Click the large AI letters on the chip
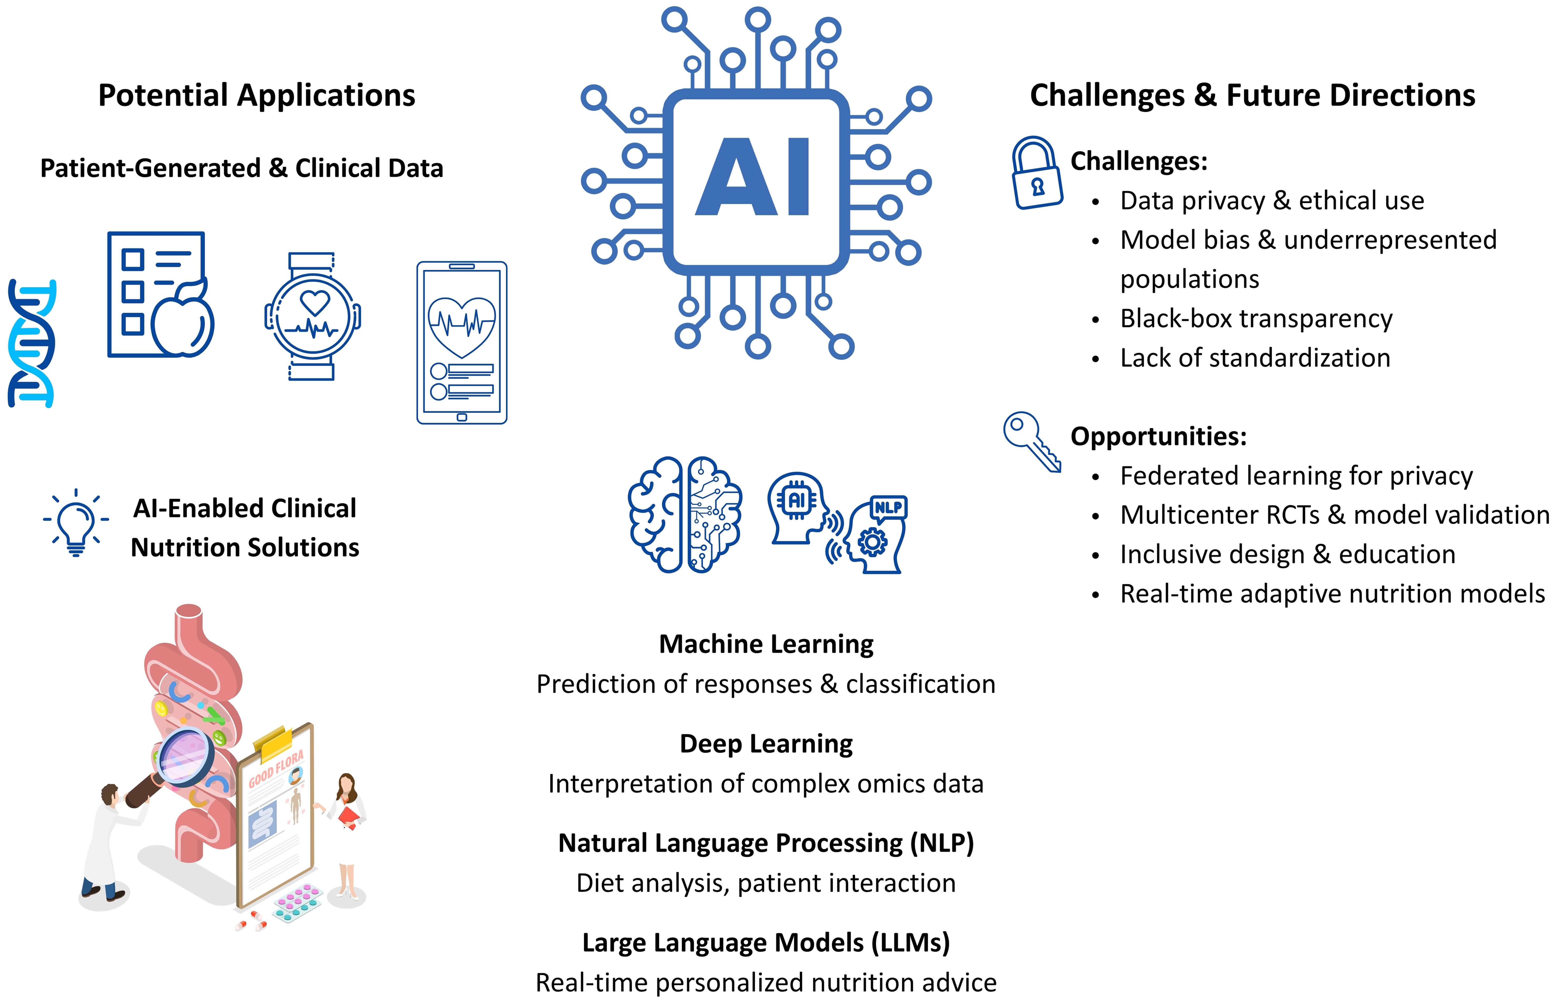click(755, 177)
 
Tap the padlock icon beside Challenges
click(1037, 173)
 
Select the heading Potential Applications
click(256, 96)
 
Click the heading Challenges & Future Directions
click(1252, 96)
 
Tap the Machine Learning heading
click(766, 644)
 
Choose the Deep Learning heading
click(766, 744)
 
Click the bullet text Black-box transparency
click(1256, 319)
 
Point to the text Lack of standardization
click(1254, 358)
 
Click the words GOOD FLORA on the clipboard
click(276, 770)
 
